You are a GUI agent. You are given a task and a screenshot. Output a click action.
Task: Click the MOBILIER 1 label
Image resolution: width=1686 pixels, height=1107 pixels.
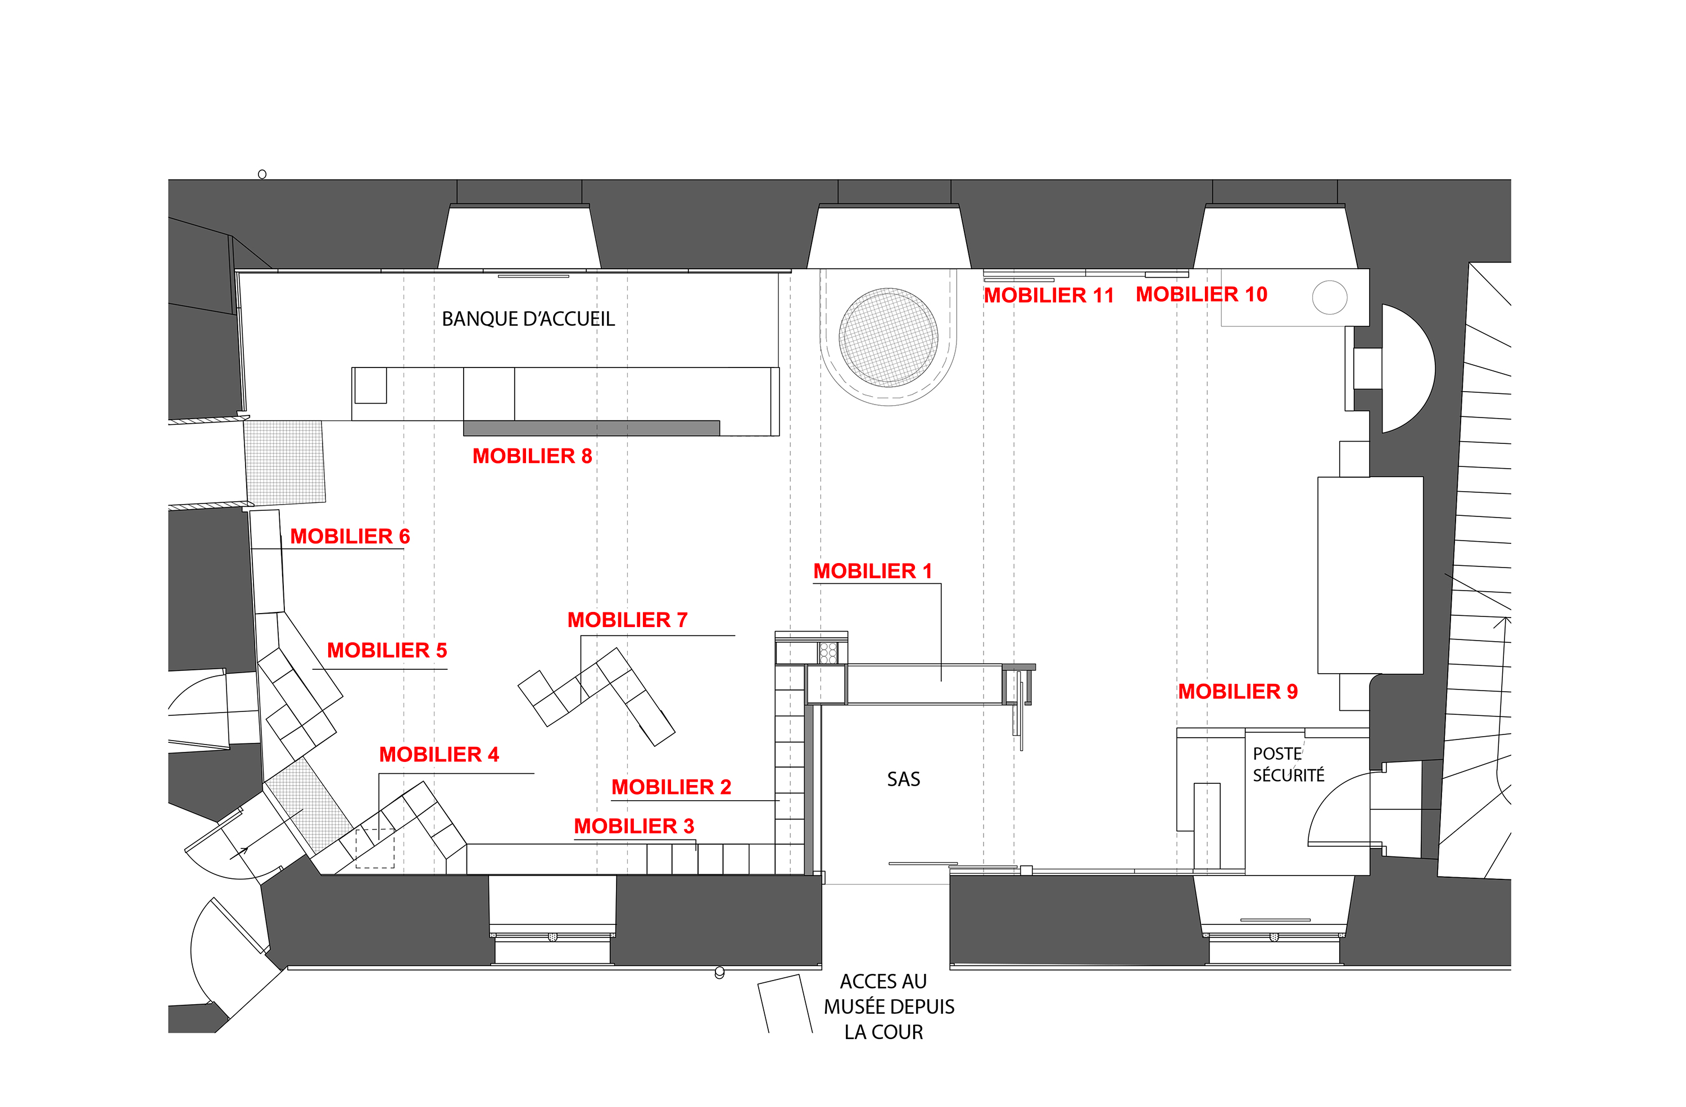point(872,571)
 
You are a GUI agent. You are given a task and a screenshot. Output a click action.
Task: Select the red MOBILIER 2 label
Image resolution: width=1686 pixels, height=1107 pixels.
point(671,787)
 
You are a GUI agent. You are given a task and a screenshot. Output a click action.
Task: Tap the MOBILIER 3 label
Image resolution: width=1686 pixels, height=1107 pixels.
point(633,826)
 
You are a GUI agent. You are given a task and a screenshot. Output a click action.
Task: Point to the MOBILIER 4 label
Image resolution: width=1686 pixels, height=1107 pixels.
point(438,754)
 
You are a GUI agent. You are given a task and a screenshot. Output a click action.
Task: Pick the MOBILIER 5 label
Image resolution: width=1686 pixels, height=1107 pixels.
point(387,650)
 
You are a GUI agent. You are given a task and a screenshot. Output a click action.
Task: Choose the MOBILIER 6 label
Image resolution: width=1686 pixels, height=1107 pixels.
point(350,536)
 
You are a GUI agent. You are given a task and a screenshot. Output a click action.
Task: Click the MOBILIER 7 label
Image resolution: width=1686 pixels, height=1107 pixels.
point(627,620)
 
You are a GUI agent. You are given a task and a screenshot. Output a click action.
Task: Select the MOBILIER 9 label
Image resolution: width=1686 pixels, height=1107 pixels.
point(1238,691)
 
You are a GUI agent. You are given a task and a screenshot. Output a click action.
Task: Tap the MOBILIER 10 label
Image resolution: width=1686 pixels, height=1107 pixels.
point(1202,294)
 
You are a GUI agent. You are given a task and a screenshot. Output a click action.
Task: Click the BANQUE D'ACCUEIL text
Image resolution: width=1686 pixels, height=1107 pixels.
point(528,319)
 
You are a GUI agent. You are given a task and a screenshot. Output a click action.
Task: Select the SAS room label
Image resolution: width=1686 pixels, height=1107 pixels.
point(903,779)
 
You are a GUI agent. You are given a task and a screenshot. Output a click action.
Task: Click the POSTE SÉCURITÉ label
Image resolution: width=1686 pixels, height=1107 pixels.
point(1288,764)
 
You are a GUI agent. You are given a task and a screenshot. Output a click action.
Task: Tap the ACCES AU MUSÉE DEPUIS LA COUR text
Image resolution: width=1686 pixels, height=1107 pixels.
point(889,1006)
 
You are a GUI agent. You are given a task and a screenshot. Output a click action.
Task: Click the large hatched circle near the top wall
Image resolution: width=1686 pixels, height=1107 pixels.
point(889,337)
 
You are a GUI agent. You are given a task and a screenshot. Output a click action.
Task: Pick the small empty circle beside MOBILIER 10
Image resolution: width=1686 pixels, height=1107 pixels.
point(1329,297)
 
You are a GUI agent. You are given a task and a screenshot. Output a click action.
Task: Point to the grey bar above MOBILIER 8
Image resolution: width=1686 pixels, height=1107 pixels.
point(592,428)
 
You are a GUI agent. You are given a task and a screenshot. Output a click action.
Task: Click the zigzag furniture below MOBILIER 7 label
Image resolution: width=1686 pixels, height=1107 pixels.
point(596,697)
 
